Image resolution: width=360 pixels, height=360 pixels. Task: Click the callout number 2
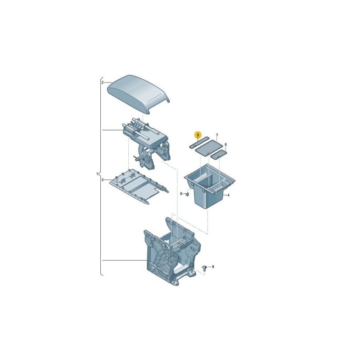(102, 83)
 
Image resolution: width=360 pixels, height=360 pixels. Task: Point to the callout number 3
(102, 180)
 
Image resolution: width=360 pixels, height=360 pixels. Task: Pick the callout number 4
(228, 195)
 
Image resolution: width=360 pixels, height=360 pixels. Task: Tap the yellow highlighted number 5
(197, 135)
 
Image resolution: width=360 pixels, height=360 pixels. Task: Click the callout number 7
(216, 135)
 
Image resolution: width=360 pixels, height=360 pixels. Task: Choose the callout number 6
(225, 145)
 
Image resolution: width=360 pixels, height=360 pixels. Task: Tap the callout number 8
(213, 267)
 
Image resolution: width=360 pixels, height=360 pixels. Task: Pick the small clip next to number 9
(186, 194)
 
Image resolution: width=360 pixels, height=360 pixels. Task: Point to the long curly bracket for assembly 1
(100, 175)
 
